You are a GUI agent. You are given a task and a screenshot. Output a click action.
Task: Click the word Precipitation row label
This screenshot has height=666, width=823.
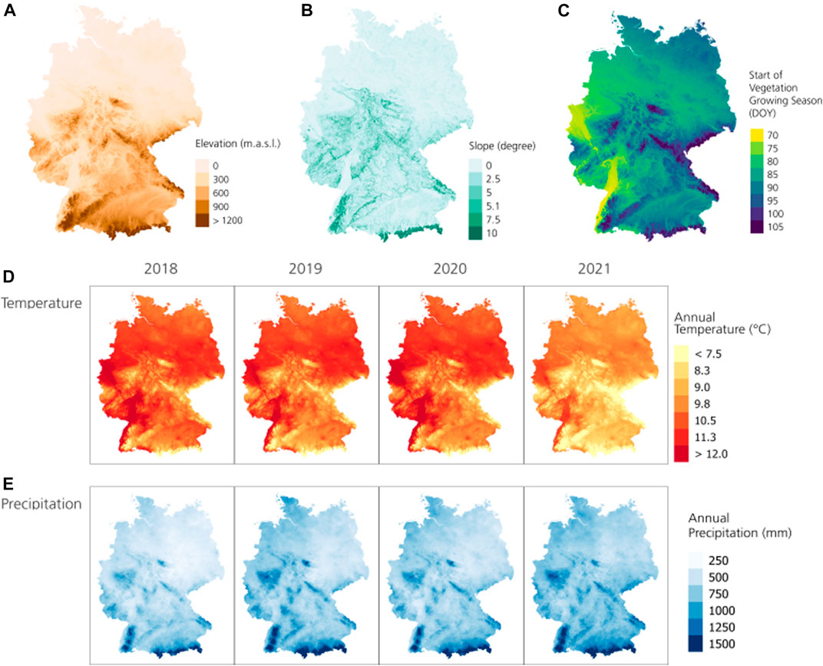click(42, 505)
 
